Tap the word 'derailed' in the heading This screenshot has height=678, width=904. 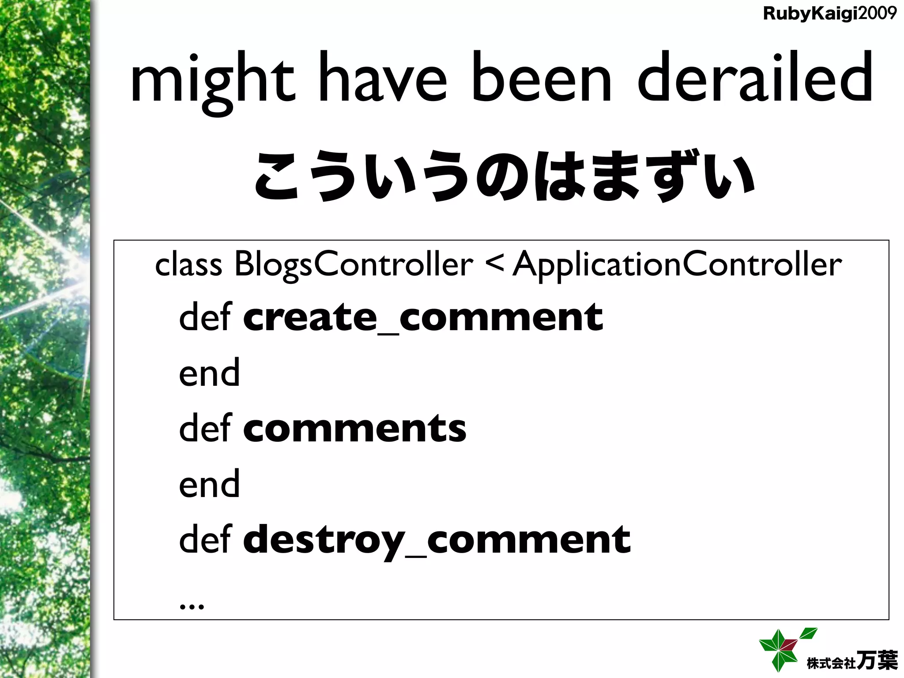pos(755,82)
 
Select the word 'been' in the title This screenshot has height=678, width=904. pos(542,82)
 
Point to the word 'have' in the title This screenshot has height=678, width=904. pos(382,82)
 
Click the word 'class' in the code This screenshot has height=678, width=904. pos(188,264)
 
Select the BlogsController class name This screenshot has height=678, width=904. pos(354,264)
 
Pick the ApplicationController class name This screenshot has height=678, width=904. pos(677,264)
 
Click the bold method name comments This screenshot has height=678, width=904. pos(354,428)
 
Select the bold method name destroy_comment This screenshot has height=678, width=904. pos(437,539)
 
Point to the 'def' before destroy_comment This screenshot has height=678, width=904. pos(205,539)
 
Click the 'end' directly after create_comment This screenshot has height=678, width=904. pos(209,373)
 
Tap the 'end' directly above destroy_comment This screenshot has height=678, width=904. pos(209,484)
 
